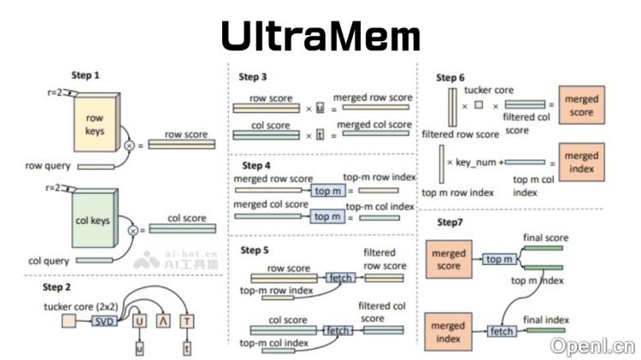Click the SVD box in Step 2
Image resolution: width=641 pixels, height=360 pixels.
click(103, 321)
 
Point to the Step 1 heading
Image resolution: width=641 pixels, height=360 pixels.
click(85, 75)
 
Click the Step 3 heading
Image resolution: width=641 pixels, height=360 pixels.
click(253, 77)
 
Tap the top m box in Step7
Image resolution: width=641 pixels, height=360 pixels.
click(502, 259)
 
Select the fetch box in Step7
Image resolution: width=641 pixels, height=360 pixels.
click(503, 329)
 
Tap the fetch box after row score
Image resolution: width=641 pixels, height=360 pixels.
click(338, 278)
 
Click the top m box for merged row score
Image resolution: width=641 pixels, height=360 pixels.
click(327, 190)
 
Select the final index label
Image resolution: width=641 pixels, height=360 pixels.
click(545, 320)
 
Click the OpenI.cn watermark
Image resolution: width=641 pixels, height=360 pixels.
click(593, 346)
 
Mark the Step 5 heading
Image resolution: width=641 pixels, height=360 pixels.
click(254, 250)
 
